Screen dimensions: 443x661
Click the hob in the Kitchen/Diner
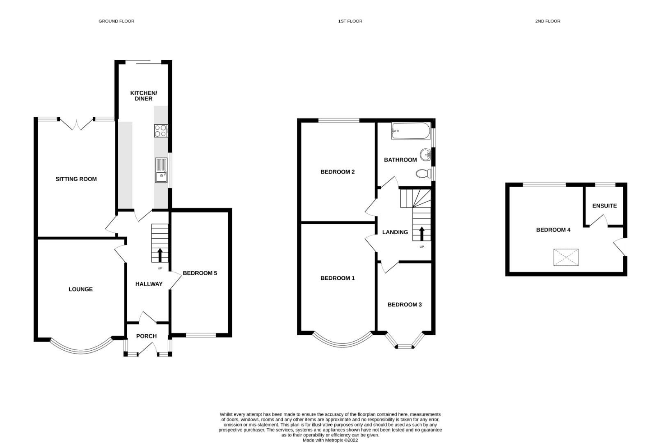pos(161,130)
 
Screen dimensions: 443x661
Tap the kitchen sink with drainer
pos(161,170)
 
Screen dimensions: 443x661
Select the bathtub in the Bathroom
pos(411,131)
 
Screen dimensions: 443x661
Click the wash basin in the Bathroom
pos(426,155)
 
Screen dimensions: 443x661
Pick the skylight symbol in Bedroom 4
pos(566,257)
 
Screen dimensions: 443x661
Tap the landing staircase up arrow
pos(421,233)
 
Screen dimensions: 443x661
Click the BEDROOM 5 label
pos(200,273)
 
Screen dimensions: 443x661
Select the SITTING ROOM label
pos(76,179)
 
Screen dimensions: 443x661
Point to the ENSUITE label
pos(604,206)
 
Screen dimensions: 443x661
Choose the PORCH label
pos(146,336)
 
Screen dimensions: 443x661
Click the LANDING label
pos(395,232)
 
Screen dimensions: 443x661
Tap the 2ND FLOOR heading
pos(547,21)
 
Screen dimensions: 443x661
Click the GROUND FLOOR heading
pos(116,21)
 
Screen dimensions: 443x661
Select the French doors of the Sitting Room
pos(77,123)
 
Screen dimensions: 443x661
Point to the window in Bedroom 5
pos(201,336)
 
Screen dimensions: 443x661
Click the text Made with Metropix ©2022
pos(330,440)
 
